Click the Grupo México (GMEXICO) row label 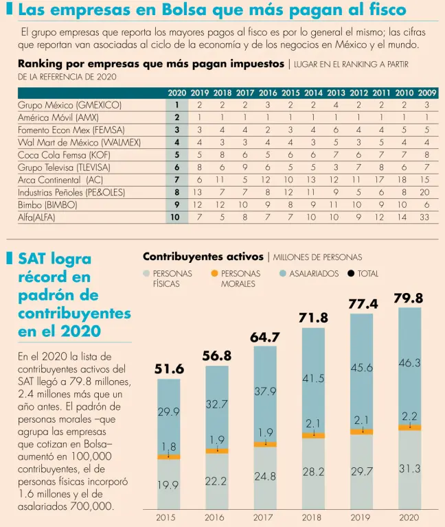(x=69, y=105)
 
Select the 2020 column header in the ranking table (x=176, y=92)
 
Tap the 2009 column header (x=426, y=92)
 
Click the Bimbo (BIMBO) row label (x=47, y=204)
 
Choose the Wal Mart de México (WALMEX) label (x=79, y=142)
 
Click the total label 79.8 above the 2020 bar (x=408, y=298)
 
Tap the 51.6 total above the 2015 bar (x=169, y=369)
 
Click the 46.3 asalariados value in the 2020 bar (x=410, y=362)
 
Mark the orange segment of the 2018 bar (x=313, y=436)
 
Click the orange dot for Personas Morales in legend (x=215, y=273)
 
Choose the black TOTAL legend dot (x=351, y=273)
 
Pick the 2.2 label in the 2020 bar (x=410, y=416)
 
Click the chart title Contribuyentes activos (x=203, y=257)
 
